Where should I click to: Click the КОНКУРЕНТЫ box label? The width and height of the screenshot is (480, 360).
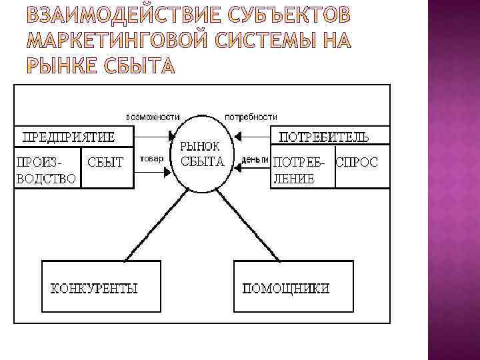coord(94,289)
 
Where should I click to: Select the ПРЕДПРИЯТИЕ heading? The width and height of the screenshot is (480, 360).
coord(69,137)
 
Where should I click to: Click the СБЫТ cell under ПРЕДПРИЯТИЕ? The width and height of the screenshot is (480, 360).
coord(106,162)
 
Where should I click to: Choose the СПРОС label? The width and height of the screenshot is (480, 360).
coord(357,162)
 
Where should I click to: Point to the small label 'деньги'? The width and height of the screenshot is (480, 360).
coord(255,160)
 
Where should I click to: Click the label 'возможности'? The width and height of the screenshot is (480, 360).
coord(153,115)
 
